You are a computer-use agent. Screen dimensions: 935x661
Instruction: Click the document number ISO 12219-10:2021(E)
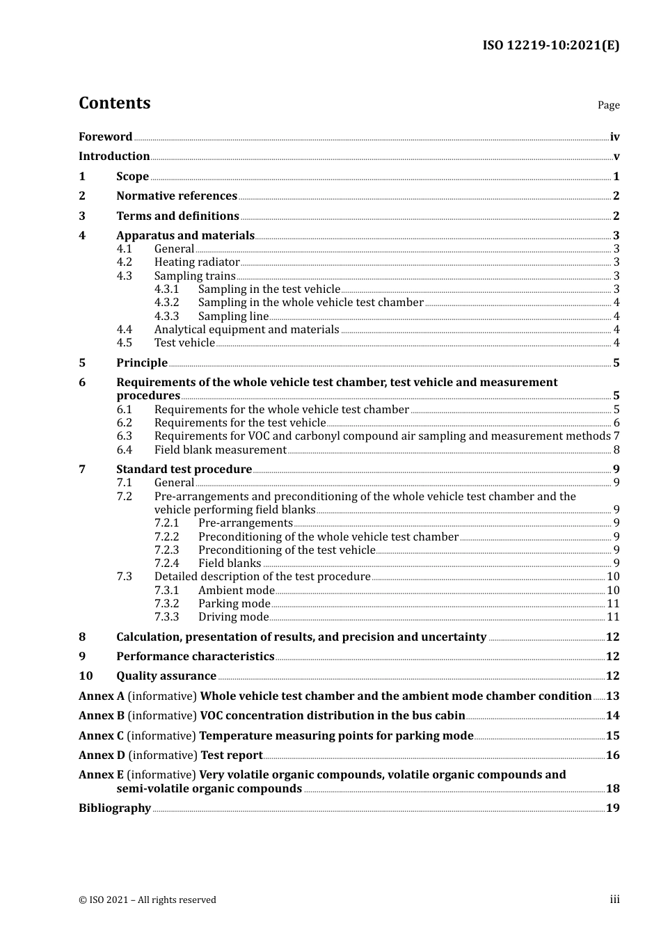tap(550, 46)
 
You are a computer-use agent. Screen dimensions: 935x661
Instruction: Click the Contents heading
tap(114, 103)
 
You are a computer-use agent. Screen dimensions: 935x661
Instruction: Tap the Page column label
tap(608, 105)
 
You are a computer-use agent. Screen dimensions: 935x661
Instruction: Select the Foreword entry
tap(105, 137)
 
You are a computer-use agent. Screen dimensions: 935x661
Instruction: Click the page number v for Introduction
tap(616, 157)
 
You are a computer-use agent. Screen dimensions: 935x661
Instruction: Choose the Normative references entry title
tap(177, 196)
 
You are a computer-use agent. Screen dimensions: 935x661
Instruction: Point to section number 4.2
tap(124, 262)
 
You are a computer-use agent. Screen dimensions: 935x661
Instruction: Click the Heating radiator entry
tap(197, 262)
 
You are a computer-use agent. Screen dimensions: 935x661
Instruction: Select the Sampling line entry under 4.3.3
tap(233, 316)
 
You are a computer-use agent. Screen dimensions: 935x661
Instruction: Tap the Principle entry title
tap(142, 362)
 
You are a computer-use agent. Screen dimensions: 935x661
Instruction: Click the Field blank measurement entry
tap(220, 450)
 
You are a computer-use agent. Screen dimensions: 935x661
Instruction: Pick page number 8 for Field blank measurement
tap(616, 450)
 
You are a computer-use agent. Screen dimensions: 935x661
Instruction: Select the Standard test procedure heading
tap(184, 470)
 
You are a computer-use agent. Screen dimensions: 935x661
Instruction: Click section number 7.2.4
tap(166, 564)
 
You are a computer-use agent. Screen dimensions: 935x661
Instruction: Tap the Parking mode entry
tap(234, 604)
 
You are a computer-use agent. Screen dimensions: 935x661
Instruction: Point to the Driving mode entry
tap(233, 617)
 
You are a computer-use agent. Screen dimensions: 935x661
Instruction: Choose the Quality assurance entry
tap(166, 676)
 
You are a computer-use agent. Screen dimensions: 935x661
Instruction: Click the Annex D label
tap(102, 756)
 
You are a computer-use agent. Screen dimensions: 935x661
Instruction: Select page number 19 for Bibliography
tap(612, 808)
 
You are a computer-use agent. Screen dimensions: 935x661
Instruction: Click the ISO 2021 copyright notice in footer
tap(148, 900)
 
